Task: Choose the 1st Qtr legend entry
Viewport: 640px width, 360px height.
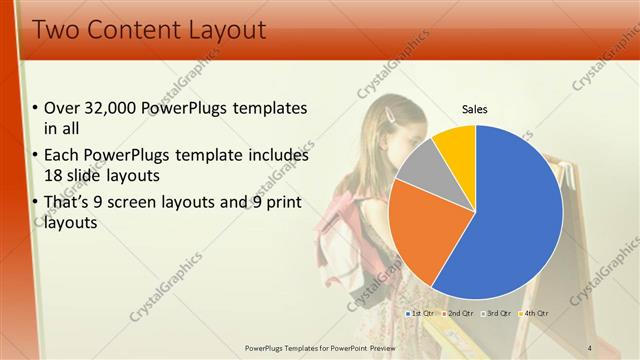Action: [420, 313]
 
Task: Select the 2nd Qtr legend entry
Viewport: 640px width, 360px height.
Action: [458, 313]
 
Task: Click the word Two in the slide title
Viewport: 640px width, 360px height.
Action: [55, 30]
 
